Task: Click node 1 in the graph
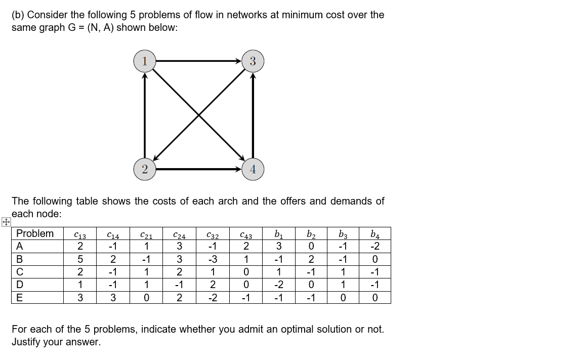pyautogui.click(x=145, y=61)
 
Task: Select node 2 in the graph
pyautogui.click(x=145, y=169)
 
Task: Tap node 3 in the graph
pyautogui.click(x=253, y=61)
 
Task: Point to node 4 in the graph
pyautogui.click(x=253, y=169)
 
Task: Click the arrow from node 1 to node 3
pyautogui.click(x=198, y=61)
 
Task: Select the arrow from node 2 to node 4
pyautogui.click(x=198, y=169)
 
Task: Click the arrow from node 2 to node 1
pyautogui.click(x=145, y=115)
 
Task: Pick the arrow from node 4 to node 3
pyautogui.click(x=253, y=115)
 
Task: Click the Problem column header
pyautogui.click(x=35, y=233)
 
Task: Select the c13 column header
pyautogui.click(x=80, y=234)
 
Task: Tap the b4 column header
pyautogui.click(x=374, y=234)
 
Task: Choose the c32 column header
pyautogui.click(x=213, y=234)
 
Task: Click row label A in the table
pyautogui.click(x=20, y=246)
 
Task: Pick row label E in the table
pyautogui.click(x=20, y=298)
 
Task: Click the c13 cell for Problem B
pyautogui.click(x=80, y=259)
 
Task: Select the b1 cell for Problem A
pyautogui.click(x=278, y=246)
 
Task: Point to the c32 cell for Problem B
pyautogui.click(x=213, y=259)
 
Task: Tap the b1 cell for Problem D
pyautogui.click(x=278, y=285)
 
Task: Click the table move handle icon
pyautogui.click(x=5, y=222)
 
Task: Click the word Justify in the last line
pyautogui.click(x=28, y=342)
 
